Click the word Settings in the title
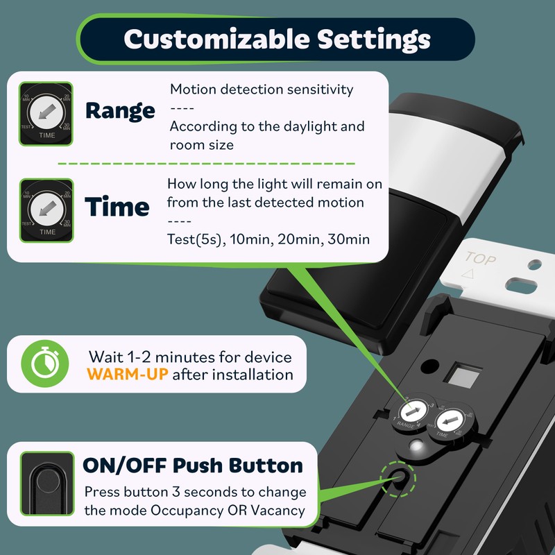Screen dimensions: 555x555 click(374, 39)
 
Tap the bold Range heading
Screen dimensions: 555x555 click(120, 110)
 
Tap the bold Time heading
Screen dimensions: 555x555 click(117, 207)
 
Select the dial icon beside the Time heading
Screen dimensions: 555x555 click(46, 210)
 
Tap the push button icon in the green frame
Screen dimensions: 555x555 click(46, 484)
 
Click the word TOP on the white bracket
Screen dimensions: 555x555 click(481, 257)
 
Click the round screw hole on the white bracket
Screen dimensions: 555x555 click(534, 265)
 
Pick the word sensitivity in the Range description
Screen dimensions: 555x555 click(321, 89)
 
